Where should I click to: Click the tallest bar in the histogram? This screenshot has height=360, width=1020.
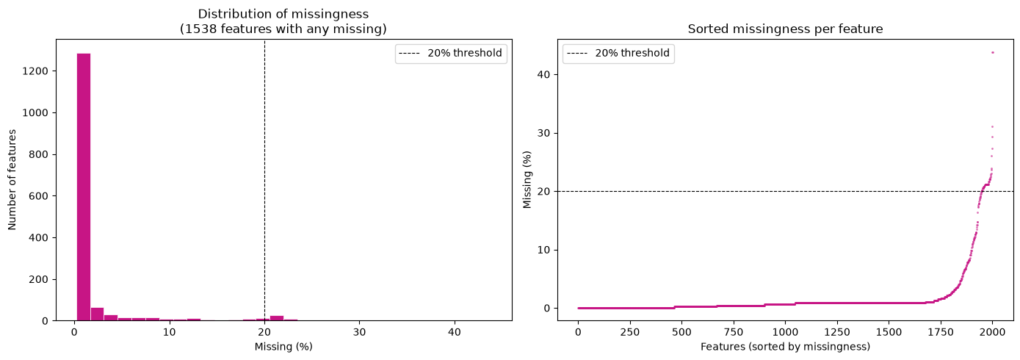click(84, 187)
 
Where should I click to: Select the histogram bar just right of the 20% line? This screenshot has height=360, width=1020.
click(277, 318)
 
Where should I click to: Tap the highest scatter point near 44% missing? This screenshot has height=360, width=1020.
click(993, 52)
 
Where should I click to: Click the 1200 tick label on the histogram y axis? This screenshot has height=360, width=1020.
click(35, 71)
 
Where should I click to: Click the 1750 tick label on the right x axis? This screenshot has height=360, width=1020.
click(940, 332)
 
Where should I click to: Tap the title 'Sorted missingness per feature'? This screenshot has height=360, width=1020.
click(785, 29)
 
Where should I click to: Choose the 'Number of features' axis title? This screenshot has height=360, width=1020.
click(12, 179)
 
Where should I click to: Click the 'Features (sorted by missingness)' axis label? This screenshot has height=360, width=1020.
click(785, 347)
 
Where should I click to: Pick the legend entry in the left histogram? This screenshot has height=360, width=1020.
click(451, 54)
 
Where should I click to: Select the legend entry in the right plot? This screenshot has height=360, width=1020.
click(618, 54)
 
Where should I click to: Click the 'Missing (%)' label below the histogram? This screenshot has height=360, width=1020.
click(283, 347)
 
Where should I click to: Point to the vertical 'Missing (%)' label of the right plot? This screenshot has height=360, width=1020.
click(527, 179)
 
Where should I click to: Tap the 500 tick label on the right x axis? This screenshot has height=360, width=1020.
click(681, 332)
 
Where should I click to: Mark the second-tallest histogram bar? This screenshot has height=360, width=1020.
click(98, 314)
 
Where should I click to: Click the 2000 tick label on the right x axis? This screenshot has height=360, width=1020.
click(993, 332)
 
